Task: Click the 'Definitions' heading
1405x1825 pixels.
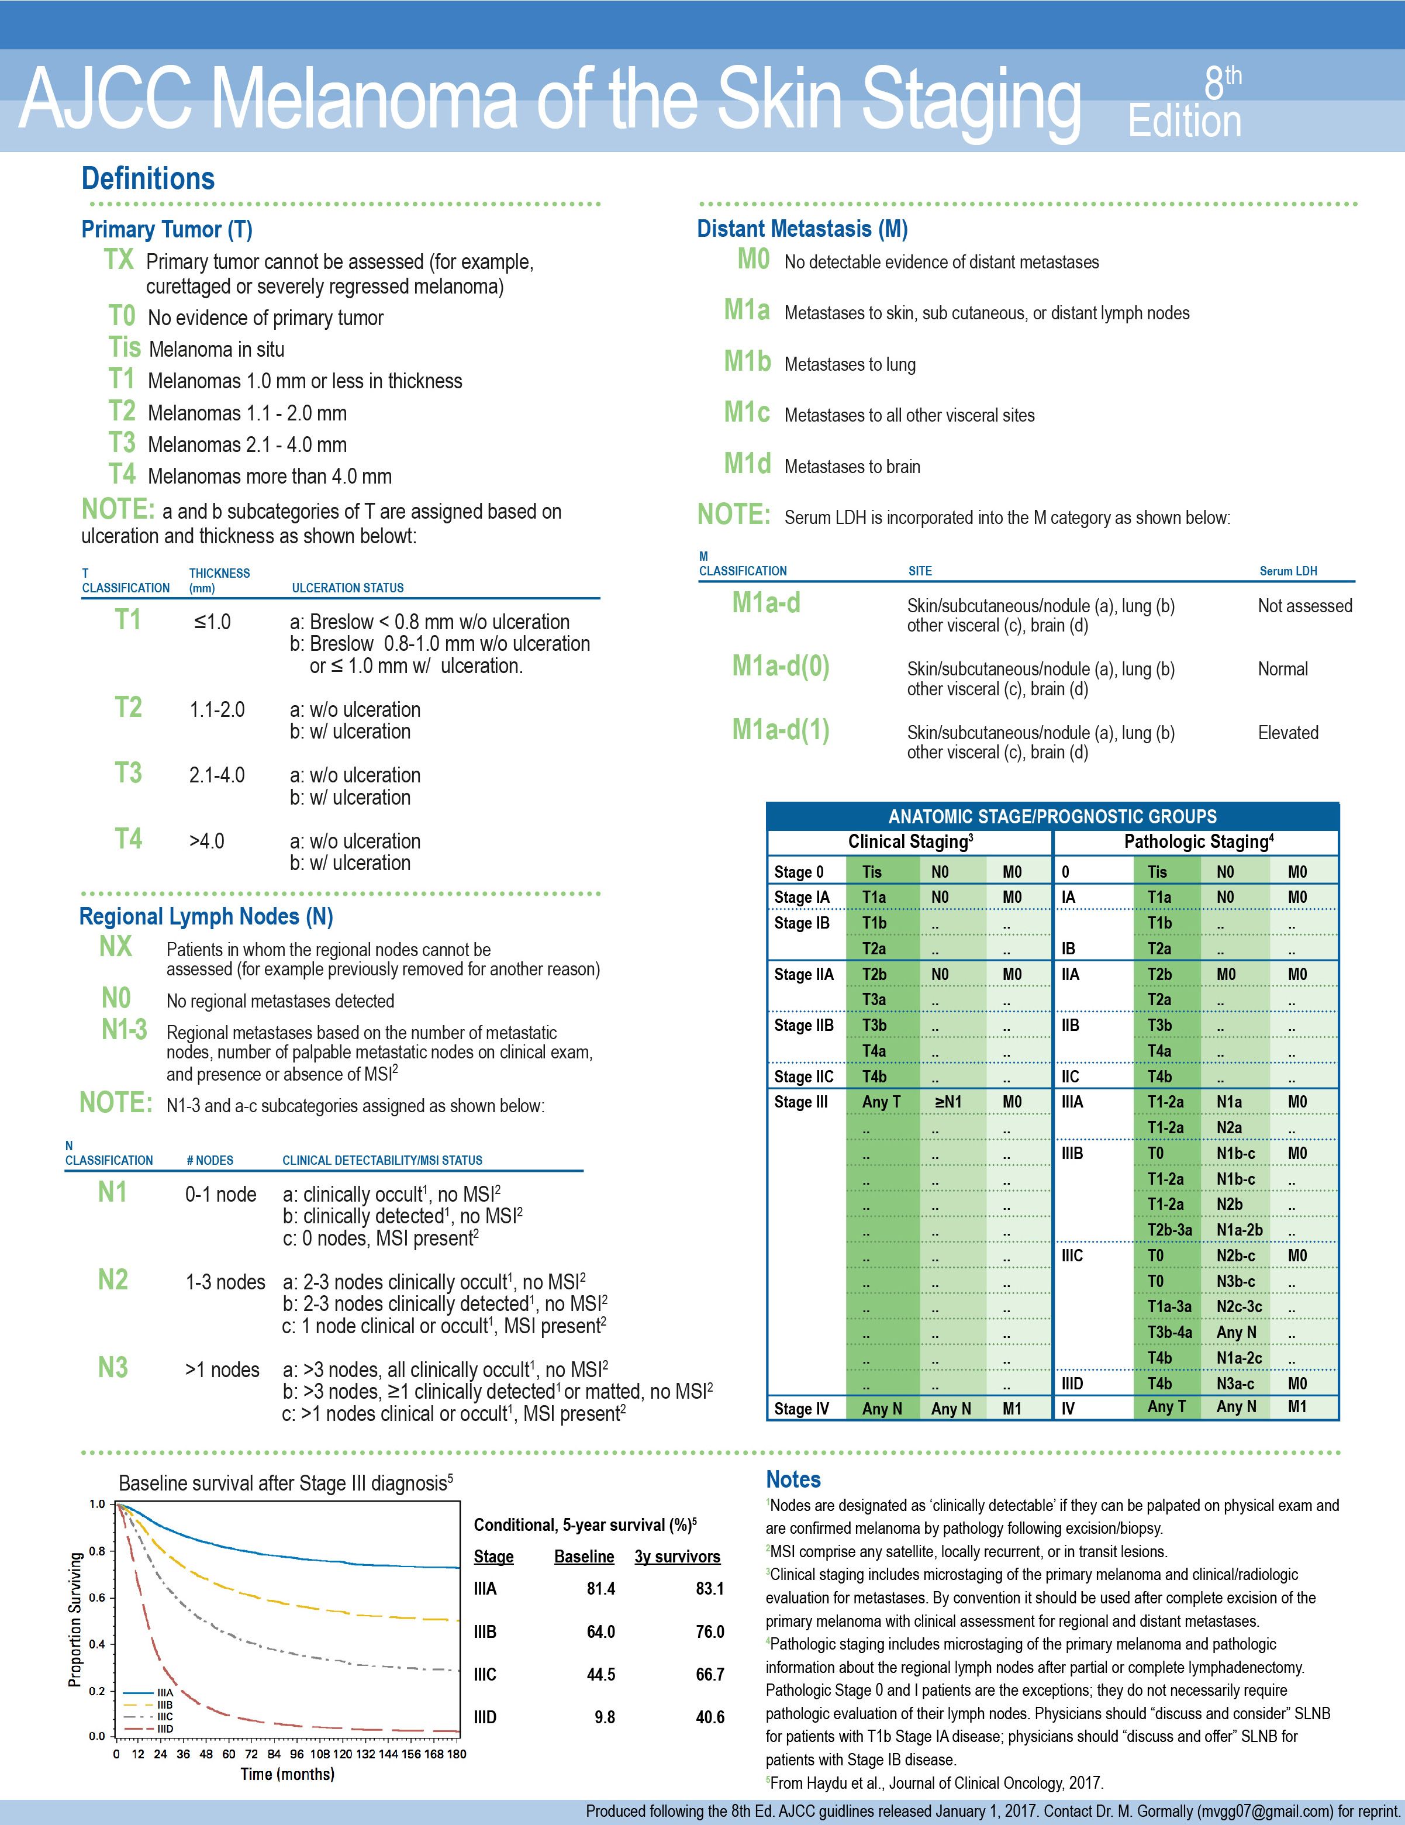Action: click(148, 179)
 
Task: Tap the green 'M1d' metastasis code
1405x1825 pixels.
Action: click(747, 465)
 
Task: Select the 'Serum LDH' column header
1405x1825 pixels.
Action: click(1288, 571)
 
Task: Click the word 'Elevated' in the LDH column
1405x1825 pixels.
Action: click(1288, 733)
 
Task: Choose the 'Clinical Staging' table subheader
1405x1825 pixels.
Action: click(910, 841)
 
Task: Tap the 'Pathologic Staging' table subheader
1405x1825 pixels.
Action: click(1198, 841)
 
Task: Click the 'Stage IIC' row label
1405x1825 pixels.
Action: click(803, 1077)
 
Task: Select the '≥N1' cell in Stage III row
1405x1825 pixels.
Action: click(948, 1102)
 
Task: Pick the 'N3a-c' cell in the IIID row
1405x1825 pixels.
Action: click(1235, 1384)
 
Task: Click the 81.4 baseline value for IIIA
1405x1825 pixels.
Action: click(600, 1589)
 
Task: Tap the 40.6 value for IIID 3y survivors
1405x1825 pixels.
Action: click(710, 1717)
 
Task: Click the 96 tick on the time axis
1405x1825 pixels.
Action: click(296, 1754)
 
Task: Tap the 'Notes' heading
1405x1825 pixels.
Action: click(793, 1480)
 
